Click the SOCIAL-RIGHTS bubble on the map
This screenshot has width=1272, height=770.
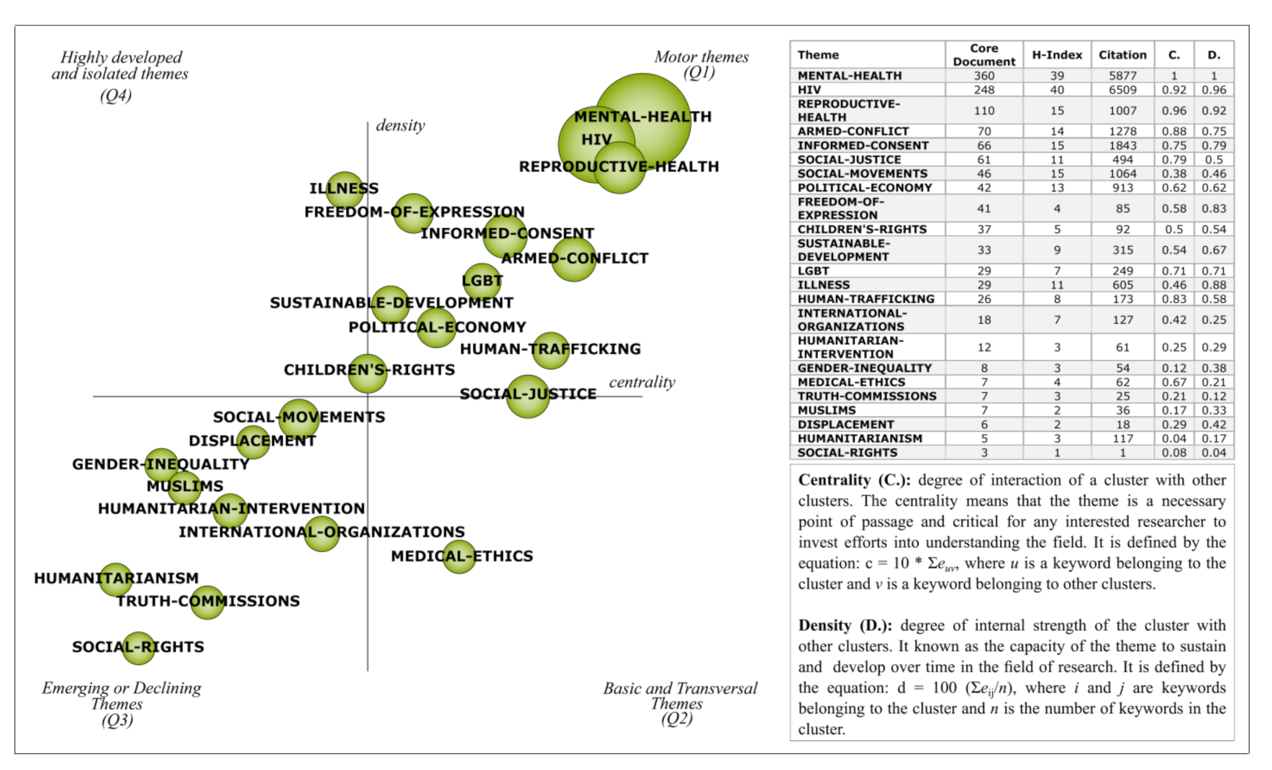pyautogui.click(x=138, y=648)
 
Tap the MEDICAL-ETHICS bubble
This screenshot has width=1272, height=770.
pyautogui.click(x=459, y=556)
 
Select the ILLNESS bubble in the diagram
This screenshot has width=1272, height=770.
pyautogui.click(x=345, y=189)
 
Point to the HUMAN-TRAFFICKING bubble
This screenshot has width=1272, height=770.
pyautogui.click(x=551, y=350)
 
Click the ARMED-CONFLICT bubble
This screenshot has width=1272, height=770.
pyautogui.click(x=573, y=259)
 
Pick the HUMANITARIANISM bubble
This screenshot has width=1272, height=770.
pyautogui.click(x=116, y=579)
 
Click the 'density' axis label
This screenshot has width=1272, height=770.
pyautogui.click(x=400, y=126)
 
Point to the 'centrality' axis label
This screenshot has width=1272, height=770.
pyautogui.click(x=642, y=382)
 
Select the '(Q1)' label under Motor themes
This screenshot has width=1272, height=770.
pyautogui.click(x=699, y=73)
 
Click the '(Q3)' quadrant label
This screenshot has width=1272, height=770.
pyautogui.click(x=117, y=720)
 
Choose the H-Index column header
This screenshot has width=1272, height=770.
pyautogui.click(x=1057, y=55)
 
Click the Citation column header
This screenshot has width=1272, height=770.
pyautogui.click(x=1122, y=55)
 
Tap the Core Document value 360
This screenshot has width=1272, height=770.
pyautogui.click(x=983, y=76)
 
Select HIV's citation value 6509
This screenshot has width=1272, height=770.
pyautogui.click(x=1122, y=90)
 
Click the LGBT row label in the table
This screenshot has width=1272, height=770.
pyautogui.click(x=814, y=271)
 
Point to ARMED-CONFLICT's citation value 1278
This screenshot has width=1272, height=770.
pyautogui.click(x=1122, y=132)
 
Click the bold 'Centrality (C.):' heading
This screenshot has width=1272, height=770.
pyautogui.click(x=854, y=480)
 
